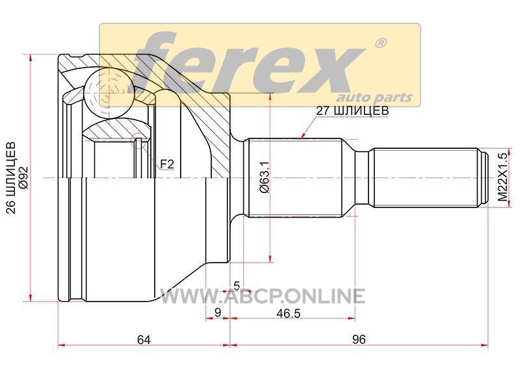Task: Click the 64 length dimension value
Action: pyautogui.click(x=144, y=339)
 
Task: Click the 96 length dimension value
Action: pyautogui.click(x=359, y=339)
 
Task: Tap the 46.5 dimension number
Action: pyautogui.click(x=288, y=313)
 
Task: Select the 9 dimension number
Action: pyautogui.click(x=218, y=312)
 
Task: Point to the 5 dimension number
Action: pyautogui.click(x=237, y=285)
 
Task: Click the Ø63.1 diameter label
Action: pyautogui.click(x=265, y=177)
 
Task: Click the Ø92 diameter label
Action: pyautogui.click(x=24, y=177)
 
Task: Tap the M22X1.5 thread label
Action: pyautogui.click(x=503, y=177)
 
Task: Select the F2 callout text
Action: pyautogui.click(x=167, y=164)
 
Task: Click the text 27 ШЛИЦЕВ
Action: pyautogui.click(x=352, y=110)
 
